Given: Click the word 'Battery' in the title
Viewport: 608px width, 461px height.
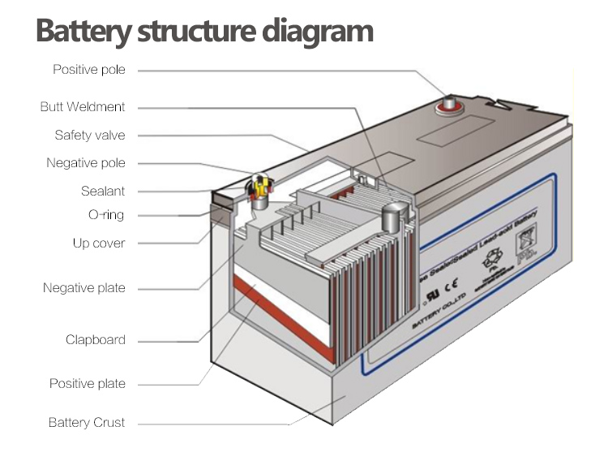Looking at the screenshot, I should [83, 32].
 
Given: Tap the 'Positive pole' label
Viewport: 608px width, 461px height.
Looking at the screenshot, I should [89, 70].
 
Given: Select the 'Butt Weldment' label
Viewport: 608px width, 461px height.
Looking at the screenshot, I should [83, 106].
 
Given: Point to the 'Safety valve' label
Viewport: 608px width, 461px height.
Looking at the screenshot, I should [90, 135].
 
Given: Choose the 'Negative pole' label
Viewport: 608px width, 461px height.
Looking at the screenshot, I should [86, 163].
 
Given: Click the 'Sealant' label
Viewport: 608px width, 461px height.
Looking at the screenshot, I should [103, 191].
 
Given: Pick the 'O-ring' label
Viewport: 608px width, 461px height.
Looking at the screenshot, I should [106, 215].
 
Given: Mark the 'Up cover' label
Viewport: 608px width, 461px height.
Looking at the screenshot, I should [99, 243].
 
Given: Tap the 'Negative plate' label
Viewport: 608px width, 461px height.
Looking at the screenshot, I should [84, 288].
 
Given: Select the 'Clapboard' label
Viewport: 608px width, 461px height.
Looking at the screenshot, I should [96, 339].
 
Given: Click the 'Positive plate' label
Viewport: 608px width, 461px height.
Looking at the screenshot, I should [88, 383].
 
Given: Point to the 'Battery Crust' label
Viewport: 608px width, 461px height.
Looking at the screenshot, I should [87, 423].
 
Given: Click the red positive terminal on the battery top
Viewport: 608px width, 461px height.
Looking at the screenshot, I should [449, 105].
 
